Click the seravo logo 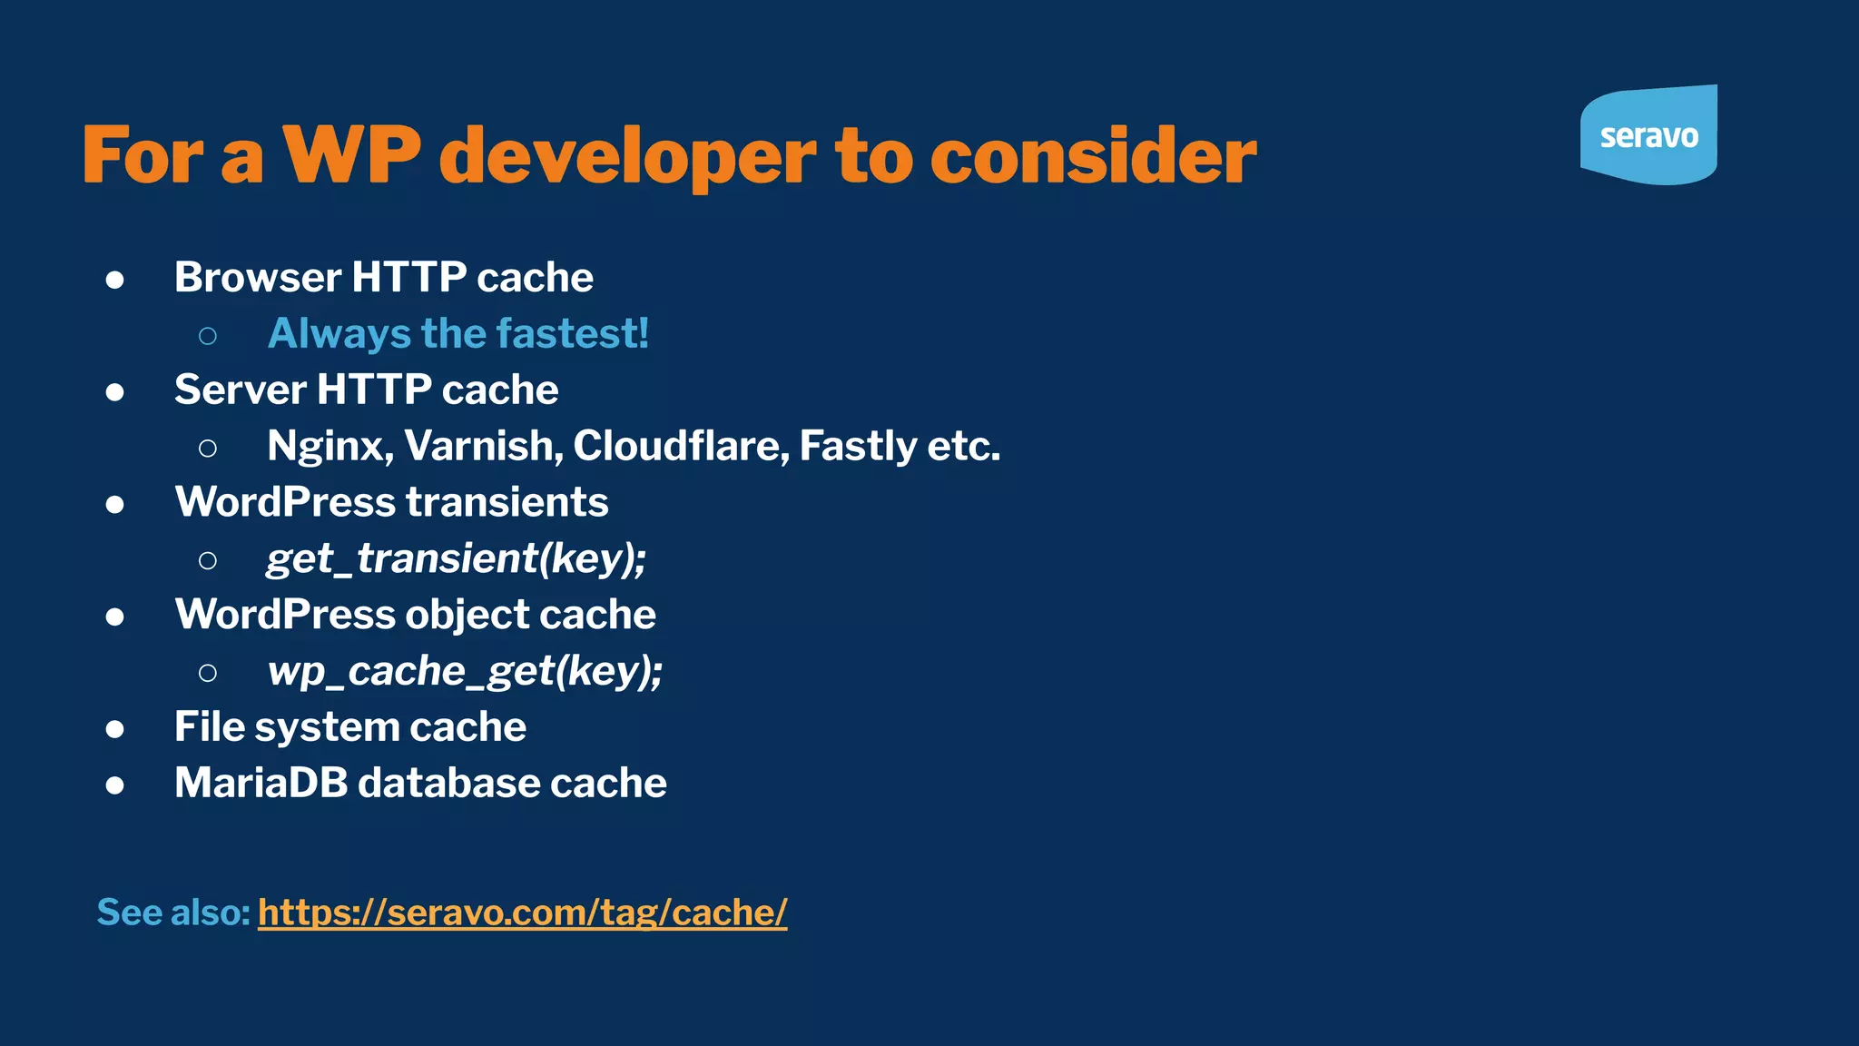pos(1648,136)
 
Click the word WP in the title pos(352,155)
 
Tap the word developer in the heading pos(627,157)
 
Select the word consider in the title pos(1093,155)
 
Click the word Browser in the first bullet pos(257,277)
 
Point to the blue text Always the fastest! pos(458,333)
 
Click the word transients pos(507,502)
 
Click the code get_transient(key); pos(456,558)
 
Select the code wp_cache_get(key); pos(465,671)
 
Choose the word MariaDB pos(261,783)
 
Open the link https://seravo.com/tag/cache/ pos(522,913)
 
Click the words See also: pos(172,913)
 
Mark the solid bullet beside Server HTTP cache pos(114,392)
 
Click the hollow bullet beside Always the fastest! pos(208,336)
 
